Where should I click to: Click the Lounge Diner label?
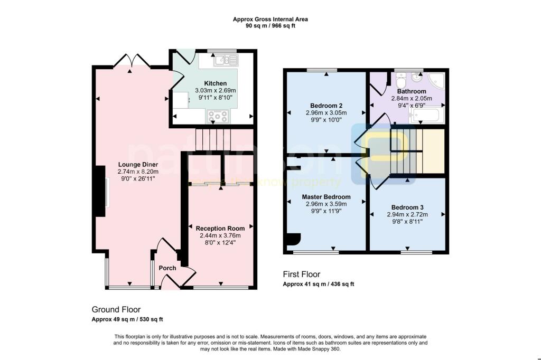pyautogui.click(x=138, y=164)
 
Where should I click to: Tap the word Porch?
pyautogui.click(x=167, y=268)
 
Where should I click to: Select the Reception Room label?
pyautogui.click(x=220, y=228)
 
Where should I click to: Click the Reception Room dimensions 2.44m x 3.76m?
pyautogui.click(x=220, y=235)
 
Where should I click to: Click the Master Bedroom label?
pyautogui.click(x=326, y=197)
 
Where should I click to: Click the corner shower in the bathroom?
pyautogui.click(x=437, y=80)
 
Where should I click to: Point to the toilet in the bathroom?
pyautogui.click(x=400, y=82)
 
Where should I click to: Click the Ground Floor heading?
pyautogui.click(x=116, y=309)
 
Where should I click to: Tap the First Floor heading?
pyautogui.click(x=302, y=274)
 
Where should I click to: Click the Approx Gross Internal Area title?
pyautogui.click(x=270, y=20)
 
